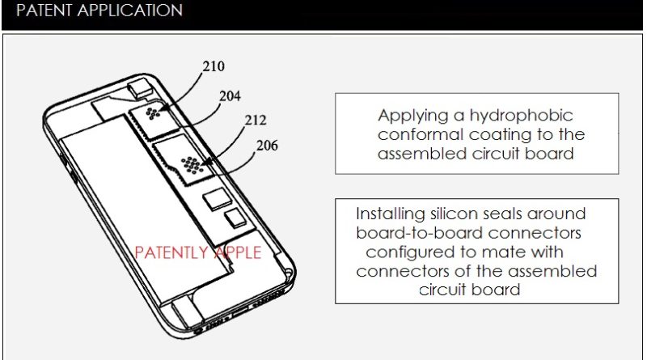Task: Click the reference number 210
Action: point(214,66)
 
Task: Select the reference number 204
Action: point(230,96)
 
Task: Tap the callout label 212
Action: point(256,121)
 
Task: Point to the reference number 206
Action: point(267,146)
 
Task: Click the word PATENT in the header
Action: point(44,10)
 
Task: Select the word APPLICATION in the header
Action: point(130,10)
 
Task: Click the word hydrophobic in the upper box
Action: point(521,115)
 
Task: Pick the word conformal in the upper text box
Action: point(421,134)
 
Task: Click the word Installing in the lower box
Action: point(391,214)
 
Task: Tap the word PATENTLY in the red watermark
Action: point(171,252)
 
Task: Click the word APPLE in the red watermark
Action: point(237,252)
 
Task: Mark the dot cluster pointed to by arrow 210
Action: point(153,113)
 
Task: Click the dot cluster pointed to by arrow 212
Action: point(192,165)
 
